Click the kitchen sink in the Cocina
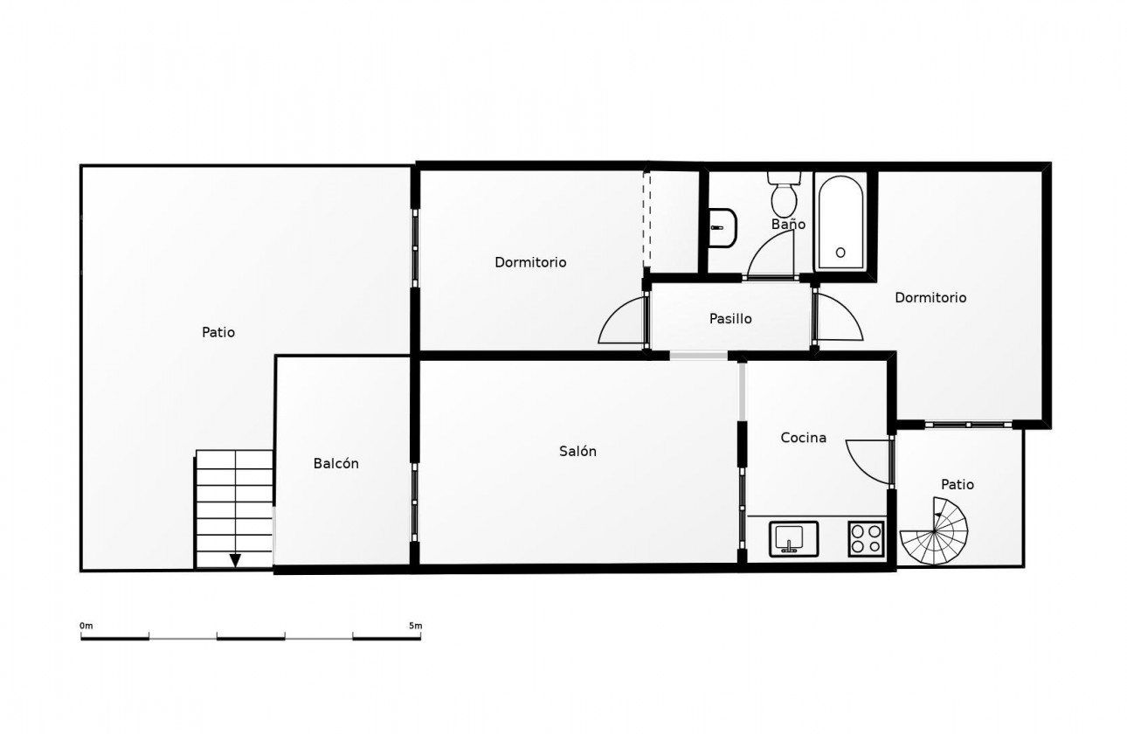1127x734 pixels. tap(793, 539)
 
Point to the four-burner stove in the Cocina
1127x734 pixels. tap(866, 539)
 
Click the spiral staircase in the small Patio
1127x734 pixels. tap(934, 531)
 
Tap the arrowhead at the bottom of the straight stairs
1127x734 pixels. tap(235, 560)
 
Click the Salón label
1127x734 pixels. tap(577, 451)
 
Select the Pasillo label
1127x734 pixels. tap(730, 318)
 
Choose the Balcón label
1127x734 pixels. tap(336, 463)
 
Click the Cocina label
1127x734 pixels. tap(803, 438)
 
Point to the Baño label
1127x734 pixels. tap(788, 224)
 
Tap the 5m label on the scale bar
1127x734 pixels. tap(416, 626)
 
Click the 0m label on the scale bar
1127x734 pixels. tap(86, 626)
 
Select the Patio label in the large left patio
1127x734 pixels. tap(218, 332)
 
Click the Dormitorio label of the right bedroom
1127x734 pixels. tap(930, 297)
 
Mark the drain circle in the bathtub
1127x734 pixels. tap(840, 253)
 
